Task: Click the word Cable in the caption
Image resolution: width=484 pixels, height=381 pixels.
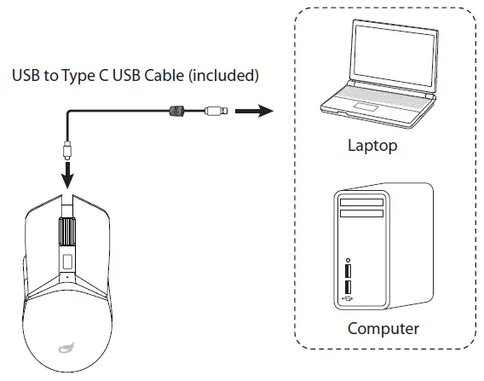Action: click(164, 76)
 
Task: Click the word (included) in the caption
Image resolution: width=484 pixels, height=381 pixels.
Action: click(222, 76)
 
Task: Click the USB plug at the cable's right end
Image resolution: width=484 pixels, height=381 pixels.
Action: click(216, 110)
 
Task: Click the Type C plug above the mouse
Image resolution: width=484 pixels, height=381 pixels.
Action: click(66, 153)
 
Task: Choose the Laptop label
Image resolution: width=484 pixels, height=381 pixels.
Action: click(372, 146)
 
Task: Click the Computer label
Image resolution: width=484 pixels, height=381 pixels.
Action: click(383, 328)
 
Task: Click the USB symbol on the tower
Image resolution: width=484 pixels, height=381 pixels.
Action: click(348, 298)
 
